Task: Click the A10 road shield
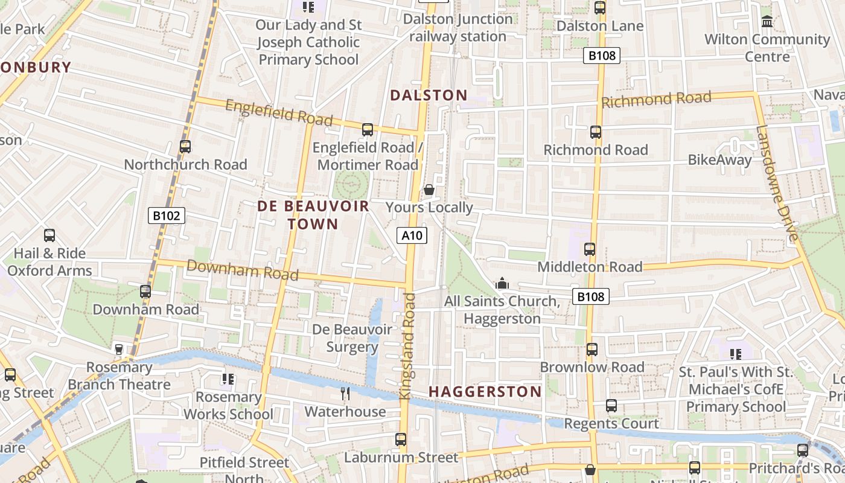[x=412, y=235]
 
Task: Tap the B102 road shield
[x=167, y=216]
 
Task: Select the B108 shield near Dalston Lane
[x=602, y=56]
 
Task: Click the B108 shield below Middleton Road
[x=591, y=296]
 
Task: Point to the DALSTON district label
[x=429, y=95]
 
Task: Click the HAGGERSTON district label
[x=485, y=391]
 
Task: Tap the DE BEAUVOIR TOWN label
[x=313, y=215]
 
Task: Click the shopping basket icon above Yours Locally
[x=429, y=190]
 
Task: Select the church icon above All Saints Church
[x=502, y=283]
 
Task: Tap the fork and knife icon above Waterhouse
[x=345, y=394]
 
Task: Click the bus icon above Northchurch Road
[x=185, y=146]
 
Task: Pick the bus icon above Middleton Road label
[x=590, y=249]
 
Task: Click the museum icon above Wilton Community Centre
[x=767, y=22]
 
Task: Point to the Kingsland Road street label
[x=407, y=345]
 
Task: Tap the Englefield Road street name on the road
[x=279, y=113]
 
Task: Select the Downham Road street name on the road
[x=242, y=270]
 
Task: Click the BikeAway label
[x=719, y=160]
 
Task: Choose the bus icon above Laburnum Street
[x=401, y=439]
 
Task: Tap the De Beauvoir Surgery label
[x=352, y=338]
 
